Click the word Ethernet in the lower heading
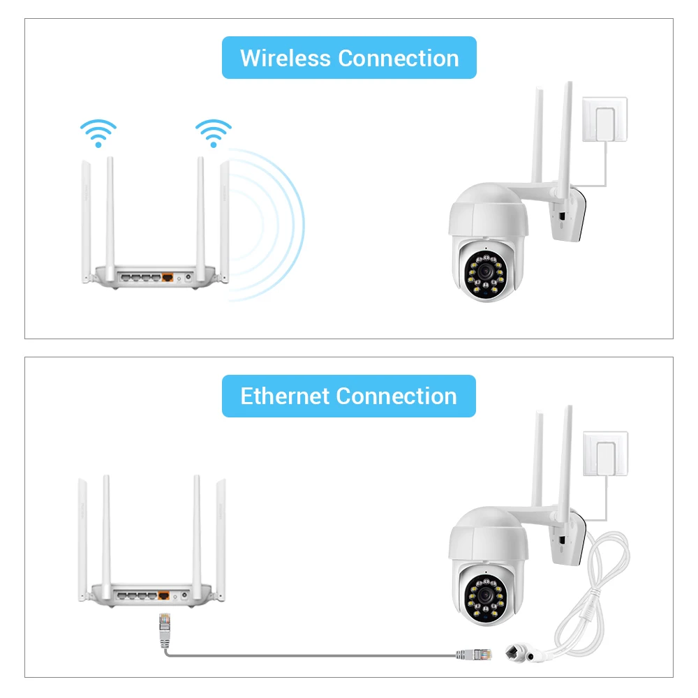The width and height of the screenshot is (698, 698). click(x=285, y=396)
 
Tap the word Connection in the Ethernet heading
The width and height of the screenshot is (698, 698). click(x=396, y=396)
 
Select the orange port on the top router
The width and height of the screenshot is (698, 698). click(x=168, y=276)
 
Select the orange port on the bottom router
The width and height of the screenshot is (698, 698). click(x=165, y=595)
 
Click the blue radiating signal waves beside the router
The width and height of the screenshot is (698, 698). click(x=272, y=223)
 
